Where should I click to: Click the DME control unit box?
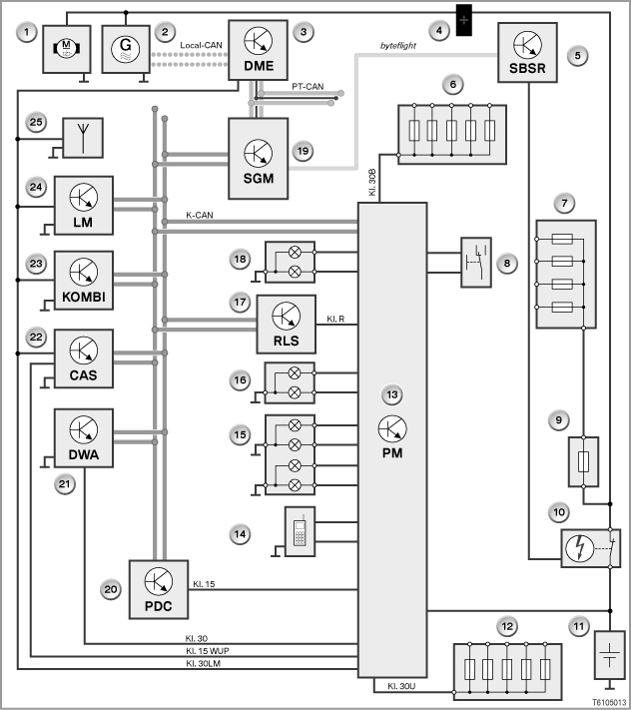tap(258, 50)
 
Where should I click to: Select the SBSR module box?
tap(527, 53)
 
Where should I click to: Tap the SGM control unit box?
tap(258, 159)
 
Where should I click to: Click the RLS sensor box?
tap(287, 325)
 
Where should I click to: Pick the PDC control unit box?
tap(159, 589)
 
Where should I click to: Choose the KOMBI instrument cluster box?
tap(84, 281)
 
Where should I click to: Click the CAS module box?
tap(84, 358)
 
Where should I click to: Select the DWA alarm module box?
tap(84, 437)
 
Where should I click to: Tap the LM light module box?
tap(84, 206)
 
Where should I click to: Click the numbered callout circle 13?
tap(392, 394)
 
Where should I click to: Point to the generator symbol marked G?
tap(126, 49)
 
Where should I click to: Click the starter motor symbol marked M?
tap(67, 48)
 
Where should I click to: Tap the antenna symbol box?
tap(83, 138)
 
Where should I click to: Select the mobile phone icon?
tap(300, 531)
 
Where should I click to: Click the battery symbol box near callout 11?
tap(609, 655)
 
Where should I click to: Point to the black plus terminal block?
tap(463, 20)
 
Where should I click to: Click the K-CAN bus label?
tap(200, 215)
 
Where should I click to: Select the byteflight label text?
tap(398, 46)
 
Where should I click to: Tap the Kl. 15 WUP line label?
tap(208, 651)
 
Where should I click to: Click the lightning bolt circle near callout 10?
tap(580, 548)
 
